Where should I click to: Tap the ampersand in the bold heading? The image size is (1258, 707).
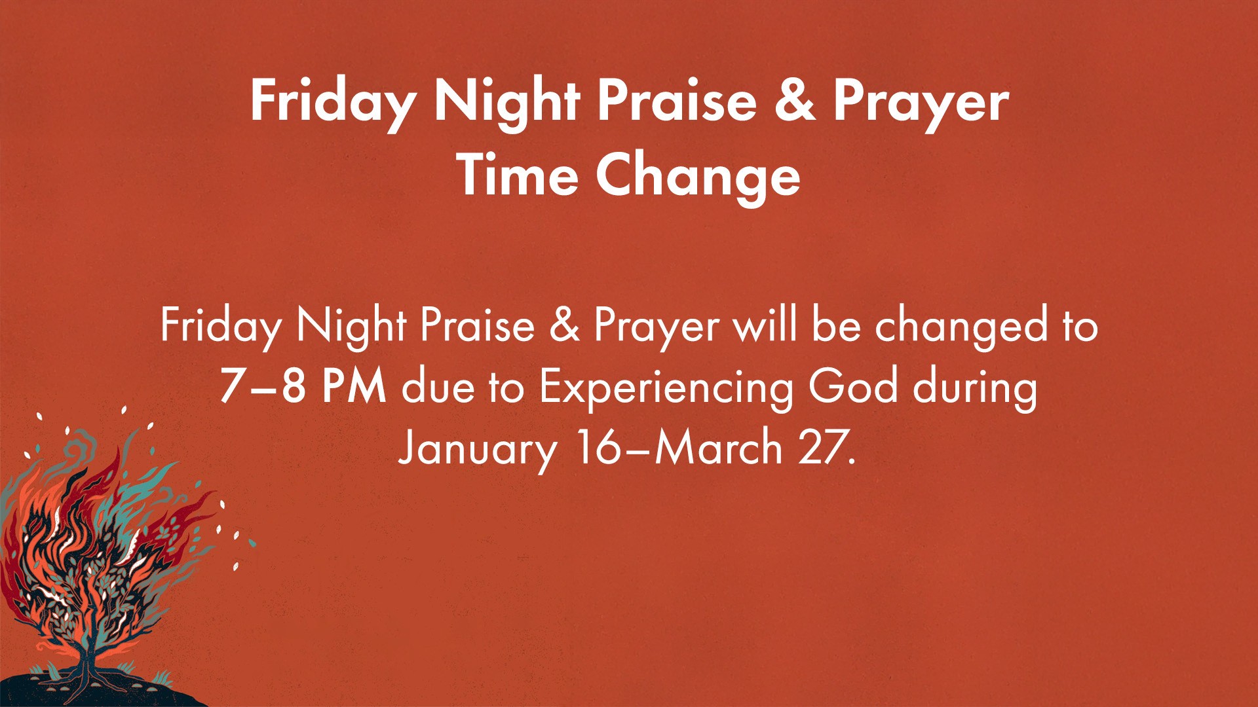tap(795, 101)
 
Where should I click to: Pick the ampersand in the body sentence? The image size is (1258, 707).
tap(564, 325)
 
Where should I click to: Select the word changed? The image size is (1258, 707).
tap(961, 326)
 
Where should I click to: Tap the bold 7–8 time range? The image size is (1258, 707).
tap(263, 386)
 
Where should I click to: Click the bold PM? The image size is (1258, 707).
tap(354, 386)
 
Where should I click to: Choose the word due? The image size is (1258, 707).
tap(438, 386)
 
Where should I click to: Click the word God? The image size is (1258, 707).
tap(852, 386)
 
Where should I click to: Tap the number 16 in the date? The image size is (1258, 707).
tap(597, 448)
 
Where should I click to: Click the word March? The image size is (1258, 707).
tap(719, 448)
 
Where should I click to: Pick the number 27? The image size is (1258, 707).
tap(824, 448)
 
